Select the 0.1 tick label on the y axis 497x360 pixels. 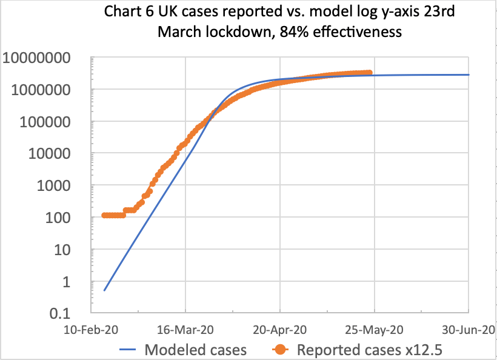(68, 313)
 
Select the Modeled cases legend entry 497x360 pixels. (195, 350)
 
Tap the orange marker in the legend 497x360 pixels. (279, 350)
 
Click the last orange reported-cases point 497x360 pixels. (369, 73)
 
